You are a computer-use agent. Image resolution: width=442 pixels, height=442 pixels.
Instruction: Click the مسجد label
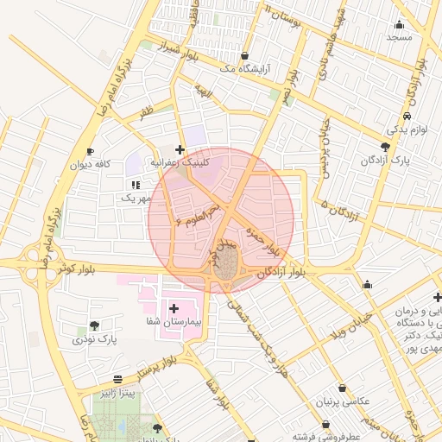click(x=400, y=37)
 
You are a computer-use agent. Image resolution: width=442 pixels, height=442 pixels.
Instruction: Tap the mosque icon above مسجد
click(x=399, y=24)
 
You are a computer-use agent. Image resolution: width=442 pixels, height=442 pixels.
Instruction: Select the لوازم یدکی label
click(x=405, y=129)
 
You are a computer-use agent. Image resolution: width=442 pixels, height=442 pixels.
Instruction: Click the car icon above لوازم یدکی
click(x=407, y=117)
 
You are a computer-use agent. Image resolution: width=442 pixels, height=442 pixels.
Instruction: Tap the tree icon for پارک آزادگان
click(x=385, y=147)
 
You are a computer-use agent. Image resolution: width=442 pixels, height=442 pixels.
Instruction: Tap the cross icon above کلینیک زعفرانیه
click(x=180, y=149)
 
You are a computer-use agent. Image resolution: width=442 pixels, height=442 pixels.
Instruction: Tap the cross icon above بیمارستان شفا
click(x=174, y=307)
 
